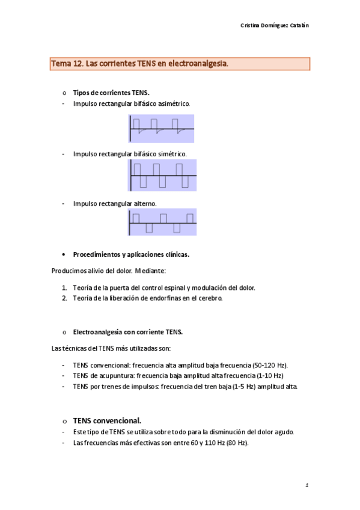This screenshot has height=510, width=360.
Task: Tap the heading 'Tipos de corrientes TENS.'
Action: (x=111, y=93)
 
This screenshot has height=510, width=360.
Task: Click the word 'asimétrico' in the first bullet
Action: (x=173, y=104)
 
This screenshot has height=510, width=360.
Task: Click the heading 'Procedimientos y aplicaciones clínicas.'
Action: (x=131, y=254)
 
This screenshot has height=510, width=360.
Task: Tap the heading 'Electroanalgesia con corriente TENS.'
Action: (x=127, y=332)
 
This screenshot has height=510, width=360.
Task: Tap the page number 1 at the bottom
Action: (x=307, y=485)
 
